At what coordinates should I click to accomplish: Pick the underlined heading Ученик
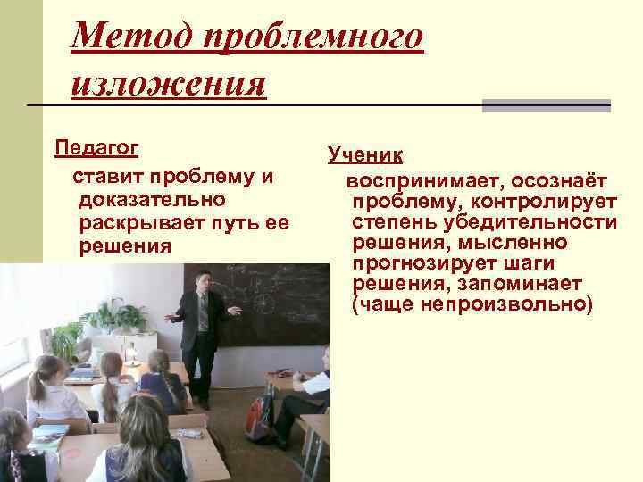point(365,155)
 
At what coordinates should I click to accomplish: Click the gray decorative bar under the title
point(546,105)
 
